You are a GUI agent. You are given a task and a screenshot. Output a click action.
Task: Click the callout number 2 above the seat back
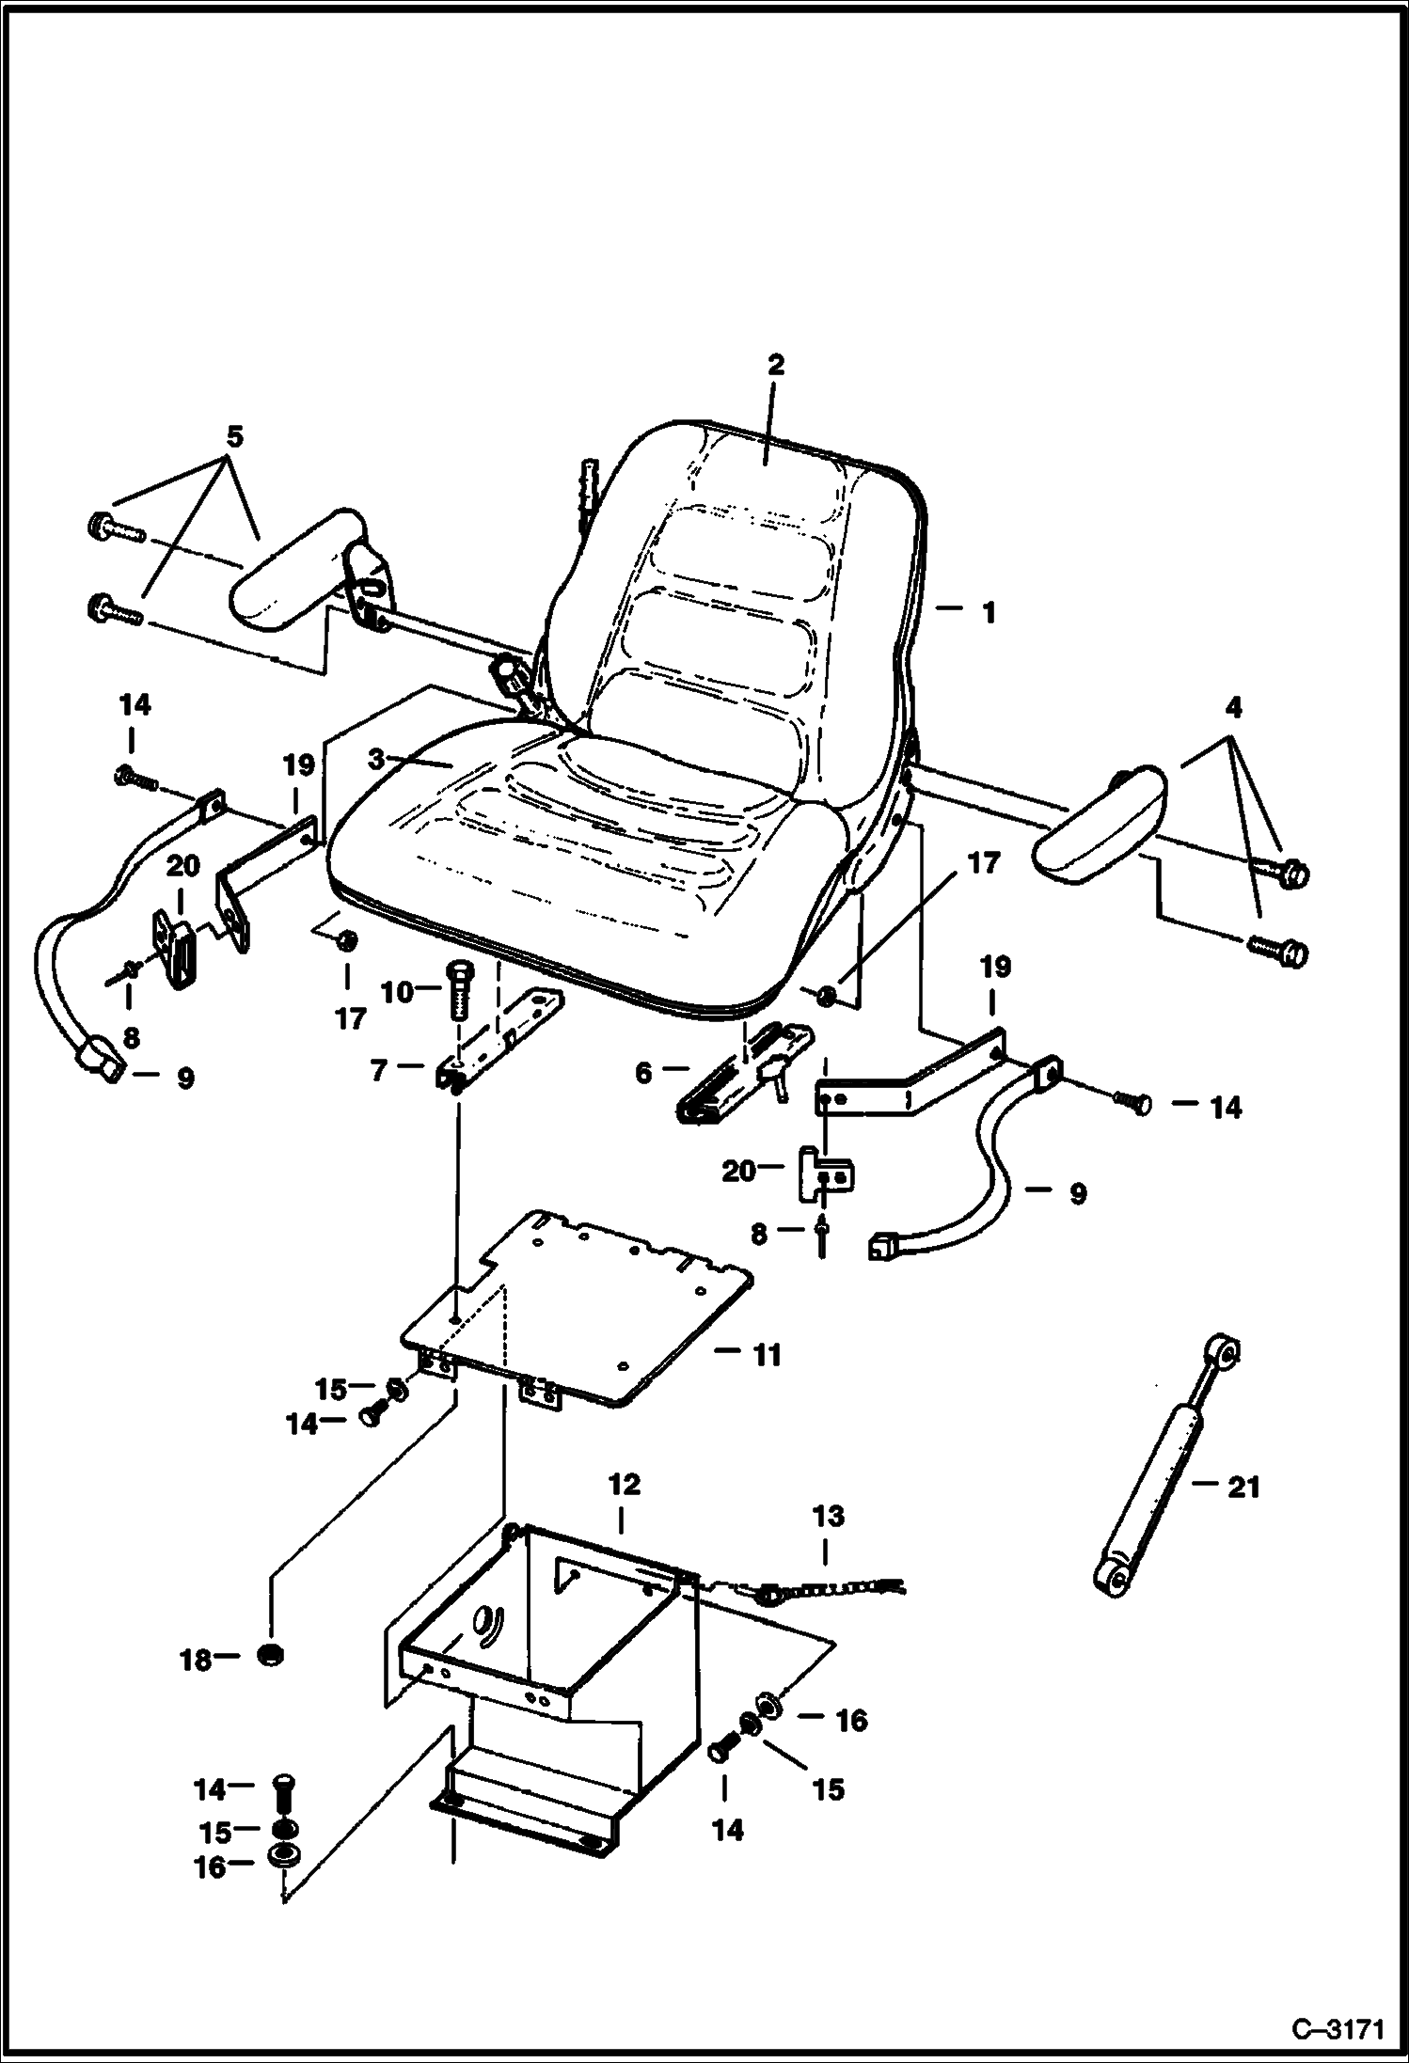click(x=775, y=365)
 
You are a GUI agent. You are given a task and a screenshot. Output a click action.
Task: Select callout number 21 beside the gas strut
click(x=1243, y=1487)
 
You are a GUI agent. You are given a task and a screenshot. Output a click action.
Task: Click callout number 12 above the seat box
click(x=624, y=1484)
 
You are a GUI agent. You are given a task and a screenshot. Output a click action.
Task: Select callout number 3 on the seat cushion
click(x=377, y=759)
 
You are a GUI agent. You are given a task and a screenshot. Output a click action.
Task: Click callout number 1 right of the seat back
click(x=988, y=613)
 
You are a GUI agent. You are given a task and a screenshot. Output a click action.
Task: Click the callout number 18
click(x=196, y=1661)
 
